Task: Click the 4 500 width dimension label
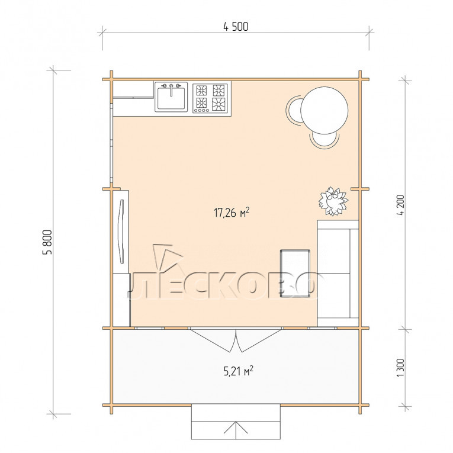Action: [x=236, y=27]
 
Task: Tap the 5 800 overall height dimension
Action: [x=47, y=242]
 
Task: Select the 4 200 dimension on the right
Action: [x=401, y=205]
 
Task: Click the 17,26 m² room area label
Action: [x=232, y=213]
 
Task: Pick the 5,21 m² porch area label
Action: [x=239, y=371]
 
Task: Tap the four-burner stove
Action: [x=210, y=98]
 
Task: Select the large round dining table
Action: [x=324, y=110]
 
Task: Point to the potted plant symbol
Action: [x=333, y=201]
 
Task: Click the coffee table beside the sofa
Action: [x=295, y=274]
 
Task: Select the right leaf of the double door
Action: [x=260, y=340]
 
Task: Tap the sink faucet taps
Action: [x=171, y=86]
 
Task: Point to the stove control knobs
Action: [x=202, y=110]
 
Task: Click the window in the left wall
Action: [x=111, y=143]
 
